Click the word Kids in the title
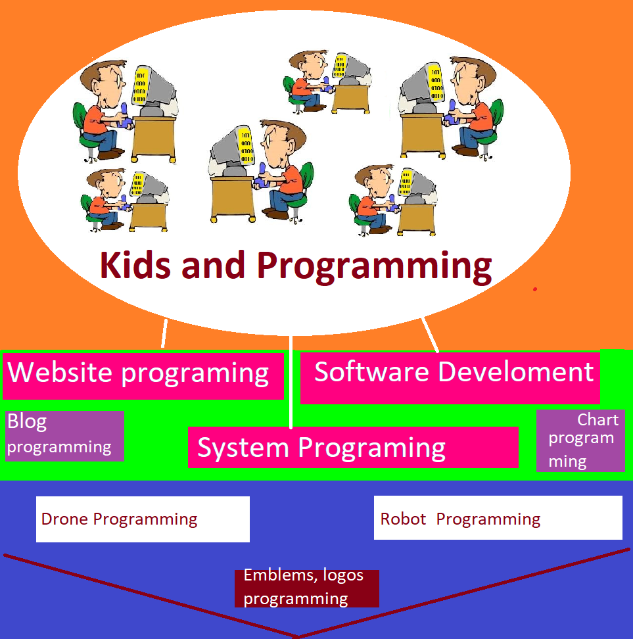click(x=135, y=266)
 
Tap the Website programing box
click(x=143, y=376)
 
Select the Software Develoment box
click(x=450, y=378)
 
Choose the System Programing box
click(x=353, y=447)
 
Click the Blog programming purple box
click(x=64, y=436)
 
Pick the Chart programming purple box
click(x=580, y=440)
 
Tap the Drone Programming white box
click(x=143, y=519)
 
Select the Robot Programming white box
click(x=498, y=517)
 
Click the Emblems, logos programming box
click(x=306, y=588)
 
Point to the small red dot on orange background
click(x=535, y=289)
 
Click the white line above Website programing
click(x=164, y=333)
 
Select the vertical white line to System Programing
click(x=291, y=382)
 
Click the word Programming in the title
click(x=374, y=267)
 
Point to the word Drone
click(x=64, y=519)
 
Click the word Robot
click(x=403, y=519)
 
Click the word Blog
click(x=27, y=422)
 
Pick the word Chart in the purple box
click(x=598, y=419)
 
